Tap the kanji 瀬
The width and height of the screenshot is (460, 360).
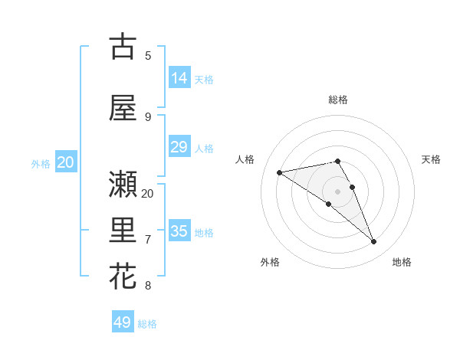pos(123,184)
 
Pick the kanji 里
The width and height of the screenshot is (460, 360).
pos(123,231)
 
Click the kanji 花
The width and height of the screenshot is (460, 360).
pos(123,276)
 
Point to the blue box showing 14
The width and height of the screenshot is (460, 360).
pos(179,78)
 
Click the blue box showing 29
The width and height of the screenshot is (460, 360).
pos(179,147)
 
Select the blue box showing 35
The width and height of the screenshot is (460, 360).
pos(179,231)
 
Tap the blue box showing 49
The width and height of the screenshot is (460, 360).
pos(123,322)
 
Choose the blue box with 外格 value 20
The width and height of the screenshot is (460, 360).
pos(66,162)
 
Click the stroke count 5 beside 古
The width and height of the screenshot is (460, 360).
pos(148,55)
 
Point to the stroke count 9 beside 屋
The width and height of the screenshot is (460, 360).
pos(148,116)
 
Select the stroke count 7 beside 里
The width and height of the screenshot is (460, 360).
pos(148,240)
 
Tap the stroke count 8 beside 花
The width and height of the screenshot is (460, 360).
pos(148,286)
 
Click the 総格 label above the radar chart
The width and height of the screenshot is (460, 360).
pos(338,100)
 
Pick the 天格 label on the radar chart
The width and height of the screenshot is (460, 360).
pos(432,159)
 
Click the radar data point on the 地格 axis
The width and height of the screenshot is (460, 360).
pos(374,242)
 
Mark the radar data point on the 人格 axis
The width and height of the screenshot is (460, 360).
pos(280,172)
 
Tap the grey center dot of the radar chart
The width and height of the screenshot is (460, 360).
pos(337,191)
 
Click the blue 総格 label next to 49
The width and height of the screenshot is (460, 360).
pos(148,324)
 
